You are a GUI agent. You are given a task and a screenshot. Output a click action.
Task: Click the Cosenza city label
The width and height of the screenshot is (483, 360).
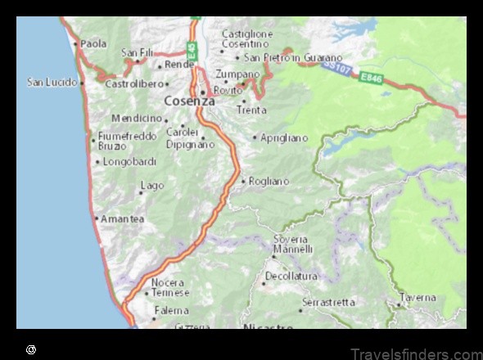point(189,101)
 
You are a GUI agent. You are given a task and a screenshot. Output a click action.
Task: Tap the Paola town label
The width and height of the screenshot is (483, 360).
point(93,43)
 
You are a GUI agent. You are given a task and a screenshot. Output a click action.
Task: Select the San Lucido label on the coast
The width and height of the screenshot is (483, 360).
point(52,82)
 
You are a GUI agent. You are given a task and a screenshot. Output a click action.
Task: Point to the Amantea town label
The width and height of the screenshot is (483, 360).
point(123,218)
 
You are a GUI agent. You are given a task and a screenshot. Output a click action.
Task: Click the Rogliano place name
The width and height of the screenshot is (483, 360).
point(269,181)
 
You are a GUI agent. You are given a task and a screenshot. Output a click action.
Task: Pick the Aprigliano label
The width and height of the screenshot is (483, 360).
point(284,137)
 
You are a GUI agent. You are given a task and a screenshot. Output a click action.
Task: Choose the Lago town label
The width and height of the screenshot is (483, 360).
point(152,186)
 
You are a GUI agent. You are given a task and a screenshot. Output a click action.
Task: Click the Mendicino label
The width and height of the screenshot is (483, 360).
point(137,118)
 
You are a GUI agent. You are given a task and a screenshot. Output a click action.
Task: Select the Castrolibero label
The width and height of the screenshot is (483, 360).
point(136,83)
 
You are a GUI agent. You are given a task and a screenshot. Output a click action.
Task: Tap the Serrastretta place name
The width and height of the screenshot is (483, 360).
point(328,302)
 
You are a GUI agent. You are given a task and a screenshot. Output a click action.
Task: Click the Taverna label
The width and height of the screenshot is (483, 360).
point(418,298)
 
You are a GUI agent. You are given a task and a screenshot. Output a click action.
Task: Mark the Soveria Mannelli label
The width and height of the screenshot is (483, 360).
point(293,243)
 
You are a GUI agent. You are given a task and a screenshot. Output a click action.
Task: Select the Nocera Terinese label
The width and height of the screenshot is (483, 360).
point(170,287)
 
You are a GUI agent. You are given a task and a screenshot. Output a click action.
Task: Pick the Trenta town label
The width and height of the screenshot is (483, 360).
point(251,109)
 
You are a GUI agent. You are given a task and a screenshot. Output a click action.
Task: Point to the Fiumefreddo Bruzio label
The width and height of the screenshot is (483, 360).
point(123,141)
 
